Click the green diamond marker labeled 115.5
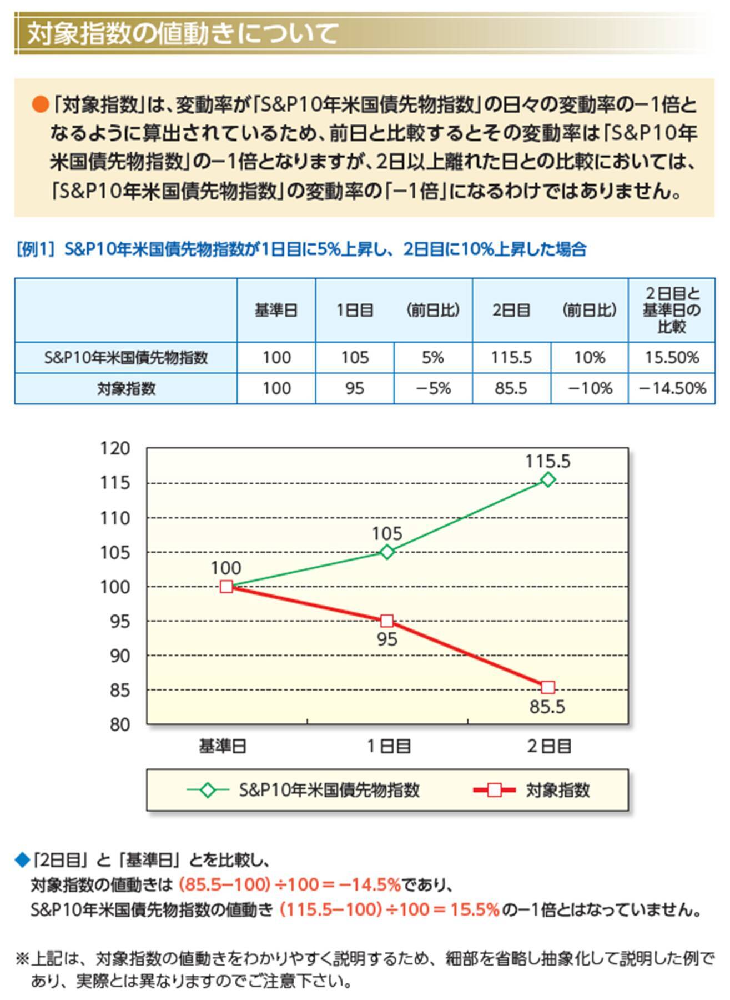coord(548,479)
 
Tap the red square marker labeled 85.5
coord(548,687)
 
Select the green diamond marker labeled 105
coord(387,552)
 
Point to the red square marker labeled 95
coord(387,621)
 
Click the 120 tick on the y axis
coord(115,448)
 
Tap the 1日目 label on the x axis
coord(389,746)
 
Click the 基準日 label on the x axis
coord(223,746)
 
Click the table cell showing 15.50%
coord(672,357)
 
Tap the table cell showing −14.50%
coord(672,388)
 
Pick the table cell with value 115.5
coord(511,357)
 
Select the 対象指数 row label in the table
coord(126,388)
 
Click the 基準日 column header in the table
coord(276,310)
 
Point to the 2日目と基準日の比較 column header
coord(672,310)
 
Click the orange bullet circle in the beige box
coord(40,104)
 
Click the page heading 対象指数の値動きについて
coord(183,33)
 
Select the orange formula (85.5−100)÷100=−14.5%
coord(290,884)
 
